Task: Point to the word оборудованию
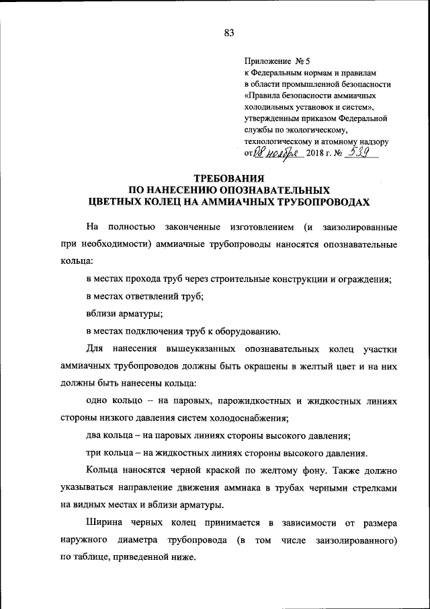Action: tap(247, 330)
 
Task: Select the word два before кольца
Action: tap(95, 435)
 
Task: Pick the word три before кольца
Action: tap(95, 453)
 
